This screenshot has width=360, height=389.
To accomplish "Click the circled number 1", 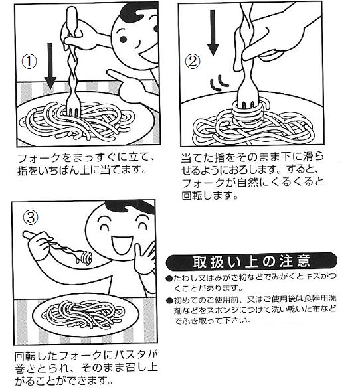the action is coord(29,62).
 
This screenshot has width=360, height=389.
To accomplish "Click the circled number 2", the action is coord(193,62).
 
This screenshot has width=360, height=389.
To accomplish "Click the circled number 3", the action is coord(31,218).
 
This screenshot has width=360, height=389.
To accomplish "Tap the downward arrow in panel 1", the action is coord(50,66).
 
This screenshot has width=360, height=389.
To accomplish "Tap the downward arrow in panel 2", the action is coord(213,33).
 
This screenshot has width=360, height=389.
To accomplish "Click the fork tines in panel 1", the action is coord(74,110).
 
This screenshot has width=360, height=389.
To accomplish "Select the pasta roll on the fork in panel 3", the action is coord(85,258).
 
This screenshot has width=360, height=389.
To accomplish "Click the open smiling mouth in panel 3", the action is coord(122,244).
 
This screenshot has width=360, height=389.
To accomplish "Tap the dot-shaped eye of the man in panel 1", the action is coord(123,39).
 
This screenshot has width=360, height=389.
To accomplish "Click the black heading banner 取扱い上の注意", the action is coord(251,262).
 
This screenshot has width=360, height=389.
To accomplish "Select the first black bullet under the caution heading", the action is coord(169,278).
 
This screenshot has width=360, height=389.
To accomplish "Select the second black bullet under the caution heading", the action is coord(169,301).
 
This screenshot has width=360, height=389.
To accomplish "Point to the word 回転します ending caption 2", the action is coord(210,196).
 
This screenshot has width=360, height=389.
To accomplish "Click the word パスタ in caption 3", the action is coord(129,356).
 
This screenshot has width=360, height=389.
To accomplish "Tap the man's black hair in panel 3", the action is coord(130,207).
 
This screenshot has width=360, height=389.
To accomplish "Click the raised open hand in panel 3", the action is coord(146,258).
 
